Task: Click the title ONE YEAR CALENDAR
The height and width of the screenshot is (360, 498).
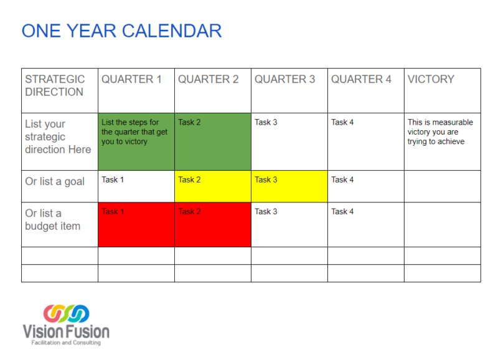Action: pos(121,31)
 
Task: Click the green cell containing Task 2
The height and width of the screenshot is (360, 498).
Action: pos(212,141)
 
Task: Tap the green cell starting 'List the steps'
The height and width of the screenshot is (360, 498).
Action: pos(136,141)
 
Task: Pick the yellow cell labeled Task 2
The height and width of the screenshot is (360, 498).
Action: pos(212,186)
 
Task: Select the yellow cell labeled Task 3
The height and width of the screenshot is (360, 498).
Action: pos(289,186)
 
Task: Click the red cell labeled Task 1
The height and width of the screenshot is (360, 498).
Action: pos(136,224)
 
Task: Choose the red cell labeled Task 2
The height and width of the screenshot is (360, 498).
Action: pos(212,224)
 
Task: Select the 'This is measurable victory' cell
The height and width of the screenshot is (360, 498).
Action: pos(441,132)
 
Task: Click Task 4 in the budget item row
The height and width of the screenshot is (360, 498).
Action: pos(342,212)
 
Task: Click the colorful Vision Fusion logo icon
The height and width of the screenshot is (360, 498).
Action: pos(66,313)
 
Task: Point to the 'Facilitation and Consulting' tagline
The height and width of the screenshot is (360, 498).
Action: pos(66,343)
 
